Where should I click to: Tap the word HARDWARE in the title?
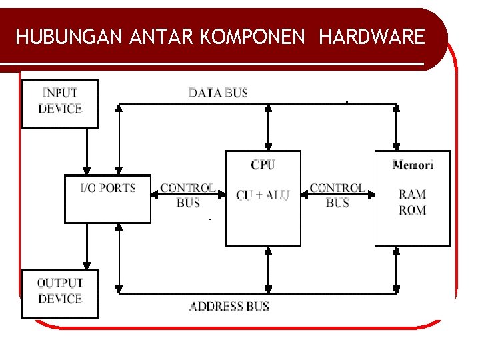pyautogui.click(x=372, y=36)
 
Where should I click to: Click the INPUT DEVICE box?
pyautogui.click(x=60, y=103)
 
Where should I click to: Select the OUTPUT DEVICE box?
pyautogui.click(x=60, y=293)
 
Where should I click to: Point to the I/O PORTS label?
pyautogui.click(x=108, y=188)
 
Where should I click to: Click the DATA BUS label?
pyautogui.click(x=218, y=93)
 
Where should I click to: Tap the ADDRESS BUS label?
pyautogui.click(x=229, y=307)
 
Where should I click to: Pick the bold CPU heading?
pyautogui.click(x=263, y=165)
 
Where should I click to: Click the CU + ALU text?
pyautogui.click(x=263, y=195)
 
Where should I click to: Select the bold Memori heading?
pyautogui.click(x=413, y=165)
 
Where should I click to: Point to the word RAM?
pyautogui.click(x=412, y=195)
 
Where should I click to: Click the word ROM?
pyautogui.click(x=412, y=210)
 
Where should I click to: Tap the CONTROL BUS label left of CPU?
pyautogui.click(x=188, y=195)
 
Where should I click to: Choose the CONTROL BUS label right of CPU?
pyautogui.click(x=337, y=195)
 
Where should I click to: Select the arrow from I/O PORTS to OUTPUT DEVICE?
pyautogui.click(x=86, y=246)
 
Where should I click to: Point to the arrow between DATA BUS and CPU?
pyautogui.click(x=268, y=127)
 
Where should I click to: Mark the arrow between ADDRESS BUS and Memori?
pyautogui.click(x=397, y=269)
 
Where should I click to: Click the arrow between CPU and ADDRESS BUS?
pyautogui.click(x=268, y=269)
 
